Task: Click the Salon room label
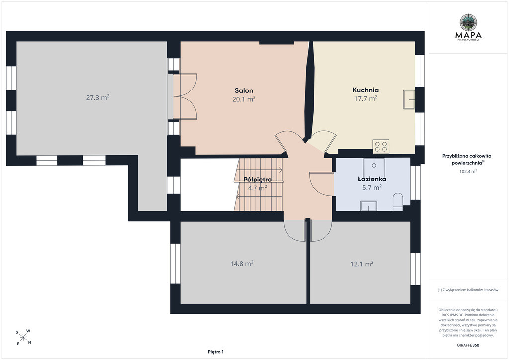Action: pos(244,90)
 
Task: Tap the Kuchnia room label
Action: pos(366,90)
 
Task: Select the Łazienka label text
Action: pos(372,179)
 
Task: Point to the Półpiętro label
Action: pos(258,179)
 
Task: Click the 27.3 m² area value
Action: pos(98,97)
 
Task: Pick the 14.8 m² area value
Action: pos(242,263)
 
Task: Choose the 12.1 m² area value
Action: pos(362,264)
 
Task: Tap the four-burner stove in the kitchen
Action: pos(381,146)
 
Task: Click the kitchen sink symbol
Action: pos(409,99)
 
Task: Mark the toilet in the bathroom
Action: pos(398,202)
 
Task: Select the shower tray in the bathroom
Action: pos(374,168)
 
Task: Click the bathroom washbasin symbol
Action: pos(368,206)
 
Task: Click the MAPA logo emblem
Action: pos(468,22)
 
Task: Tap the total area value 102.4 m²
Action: pos(468,171)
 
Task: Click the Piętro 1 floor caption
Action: pos(216,352)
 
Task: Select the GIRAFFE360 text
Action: pos(468,345)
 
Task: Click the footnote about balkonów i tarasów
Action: pos(468,290)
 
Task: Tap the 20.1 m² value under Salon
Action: pos(244,99)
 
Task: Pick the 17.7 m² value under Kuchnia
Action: pos(366,98)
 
